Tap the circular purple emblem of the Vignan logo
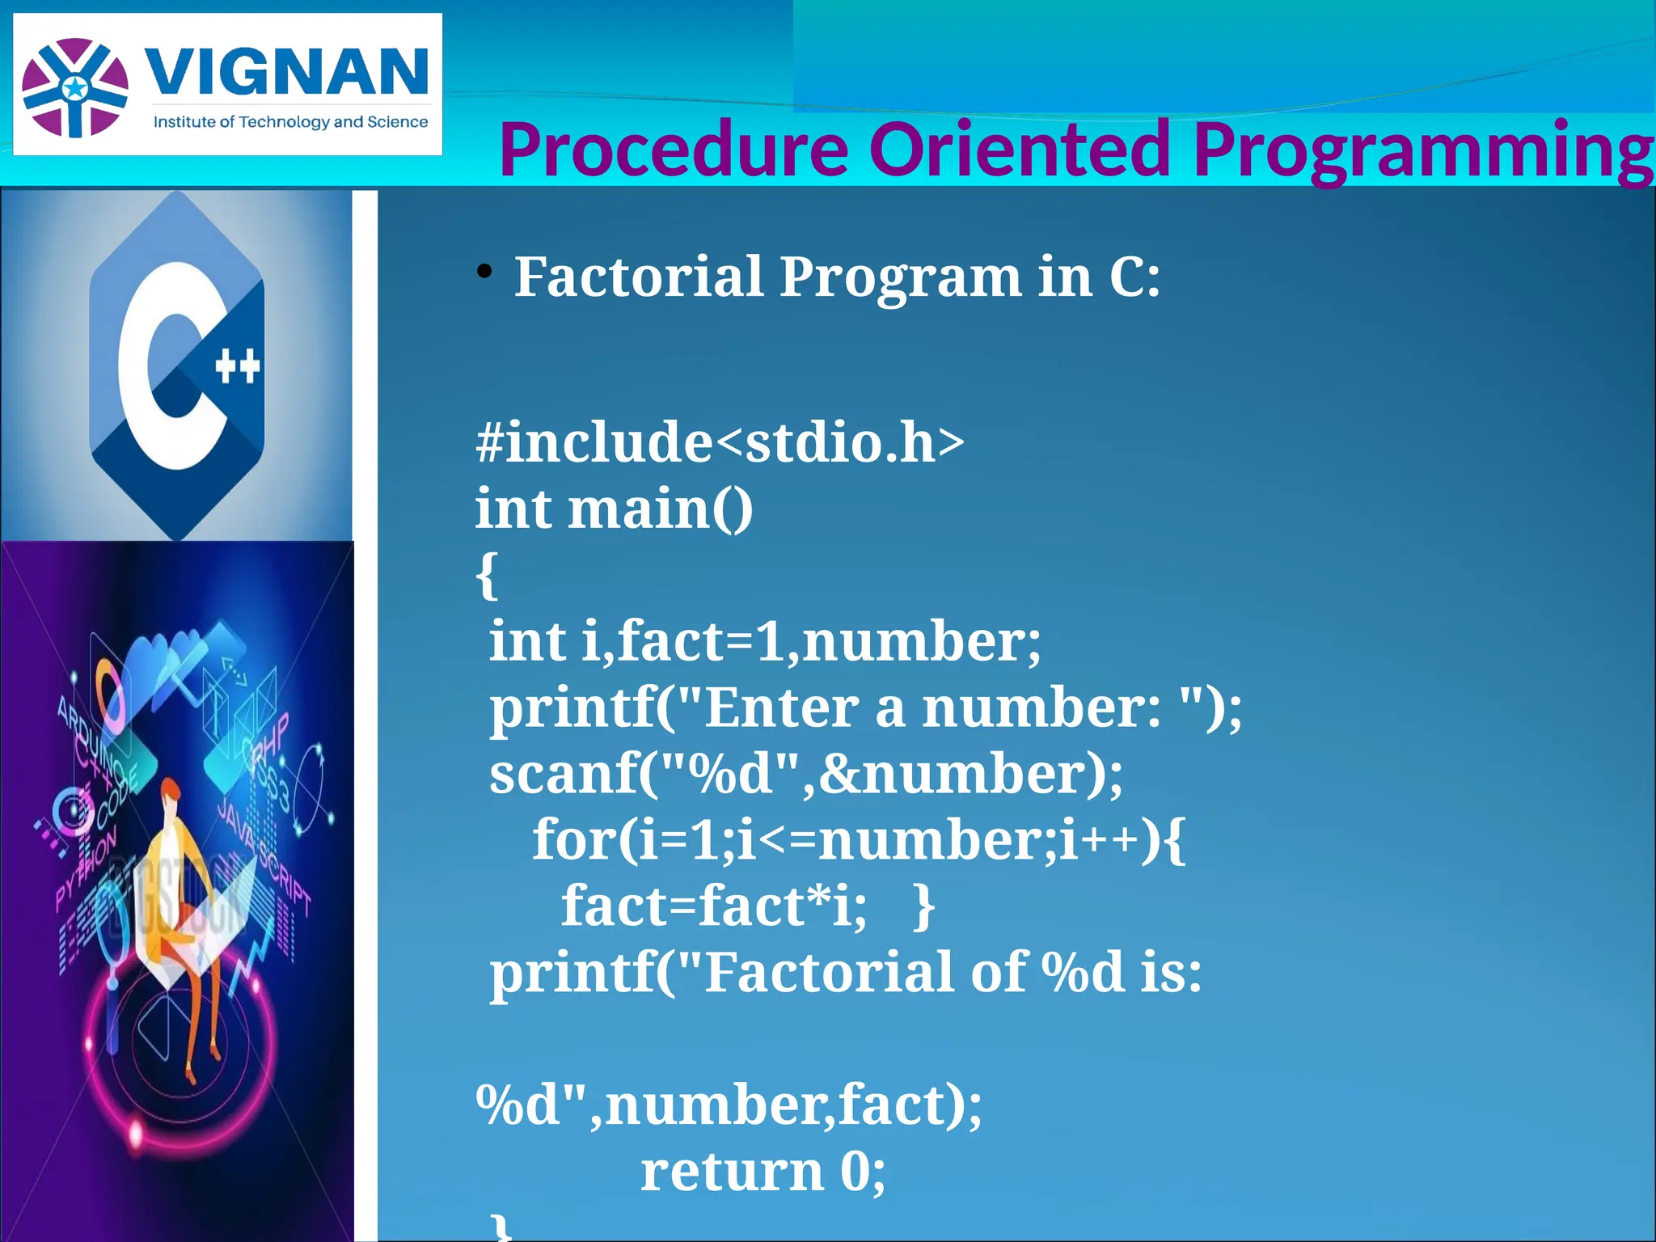click(x=75, y=87)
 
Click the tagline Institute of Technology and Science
click(x=290, y=122)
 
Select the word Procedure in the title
click(x=673, y=150)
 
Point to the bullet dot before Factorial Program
click(x=484, y=272)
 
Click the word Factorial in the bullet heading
click(x=639, y=277)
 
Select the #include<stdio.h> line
click(x=720, y=443)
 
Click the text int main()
click(x=614, y=510)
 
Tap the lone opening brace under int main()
click(x=486, y=576)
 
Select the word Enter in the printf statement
click(x=781, y=708)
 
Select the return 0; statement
click(x=763, y=1172)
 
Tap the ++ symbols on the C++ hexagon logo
click(x=238, y=366)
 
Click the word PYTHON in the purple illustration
click(x=86, y=870)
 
